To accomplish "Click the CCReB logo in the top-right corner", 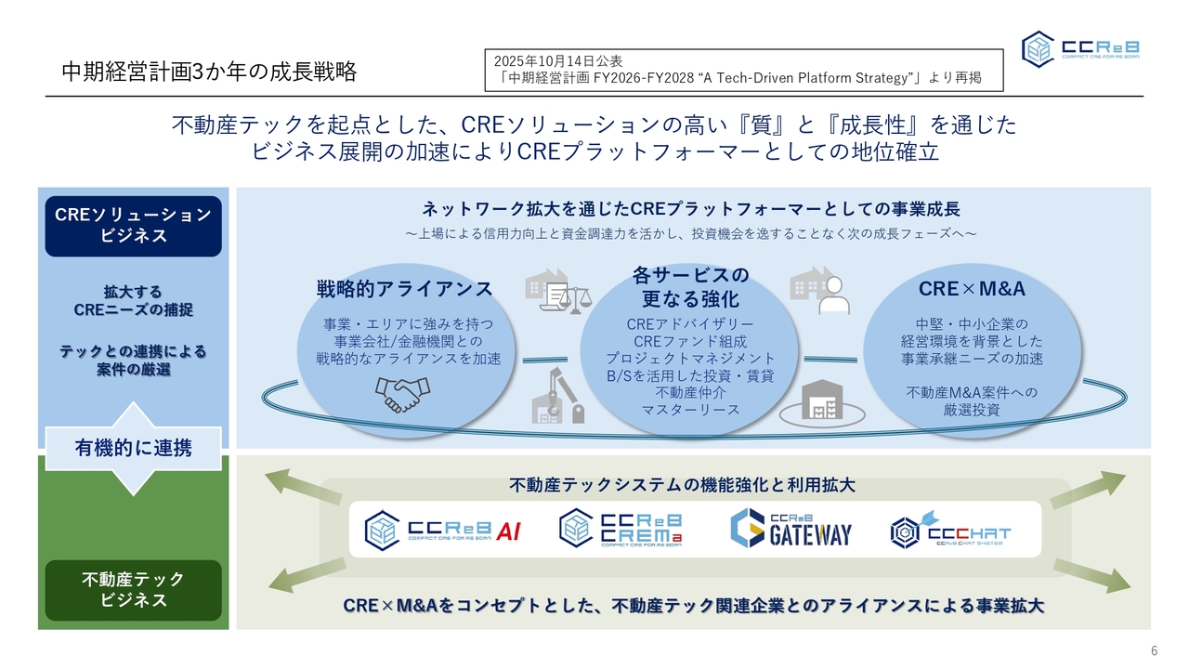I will tap(1081, 48).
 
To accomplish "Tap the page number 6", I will tap(1155, 650).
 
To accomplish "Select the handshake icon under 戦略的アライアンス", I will tap(403, 394).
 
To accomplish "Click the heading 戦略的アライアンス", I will tap(405, 289).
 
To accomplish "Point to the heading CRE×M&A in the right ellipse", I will tap(972, 289).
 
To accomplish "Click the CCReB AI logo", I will tap(442, 531).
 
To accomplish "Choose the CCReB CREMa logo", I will tap(621, 529).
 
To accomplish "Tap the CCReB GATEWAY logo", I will tap(790, 529).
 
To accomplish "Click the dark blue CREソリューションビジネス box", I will tap(133, 226).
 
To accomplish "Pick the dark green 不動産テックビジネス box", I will tap(133, 590).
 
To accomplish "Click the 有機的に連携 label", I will tap(133, 449).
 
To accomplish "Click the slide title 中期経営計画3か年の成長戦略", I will tap(209, 72).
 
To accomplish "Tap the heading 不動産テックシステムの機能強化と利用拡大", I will tap(682, 485).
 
